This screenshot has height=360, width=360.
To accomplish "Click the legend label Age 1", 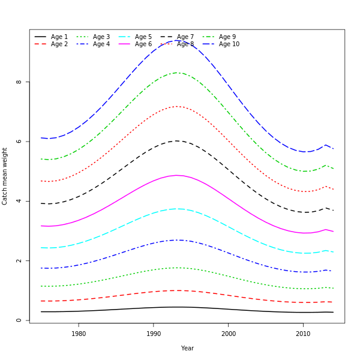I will [59, 37].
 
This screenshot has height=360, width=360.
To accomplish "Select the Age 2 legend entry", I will [59, 44].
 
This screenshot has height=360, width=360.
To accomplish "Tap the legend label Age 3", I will [101, 37].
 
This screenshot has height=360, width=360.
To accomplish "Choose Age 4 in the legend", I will [101, 44].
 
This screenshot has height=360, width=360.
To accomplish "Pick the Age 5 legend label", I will [143, 37].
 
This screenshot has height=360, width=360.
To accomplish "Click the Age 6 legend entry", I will [143, 44].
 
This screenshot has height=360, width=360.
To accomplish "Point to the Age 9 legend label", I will [227, 37].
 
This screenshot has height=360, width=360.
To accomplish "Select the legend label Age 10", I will [229, 44].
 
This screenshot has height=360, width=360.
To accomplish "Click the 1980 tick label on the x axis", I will [79, 334].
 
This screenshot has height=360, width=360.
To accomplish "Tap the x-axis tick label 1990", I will [154, 334].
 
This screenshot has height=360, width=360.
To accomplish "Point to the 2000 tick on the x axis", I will [228, 334].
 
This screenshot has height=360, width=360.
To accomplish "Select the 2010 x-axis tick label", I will [303, 334].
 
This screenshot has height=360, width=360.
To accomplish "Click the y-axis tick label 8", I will [19, 82].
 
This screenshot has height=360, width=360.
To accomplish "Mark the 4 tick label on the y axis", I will [19, 201].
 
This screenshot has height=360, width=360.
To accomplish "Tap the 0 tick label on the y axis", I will [19, 320].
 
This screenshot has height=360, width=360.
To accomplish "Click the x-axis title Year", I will [187, 348].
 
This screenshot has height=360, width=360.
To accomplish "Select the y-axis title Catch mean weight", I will [5, 176].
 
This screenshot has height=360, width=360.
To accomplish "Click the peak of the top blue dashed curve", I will [176, 40].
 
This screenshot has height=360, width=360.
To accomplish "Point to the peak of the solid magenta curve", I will [178, 175].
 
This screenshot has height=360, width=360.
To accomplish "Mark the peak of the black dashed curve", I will [177, 141].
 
